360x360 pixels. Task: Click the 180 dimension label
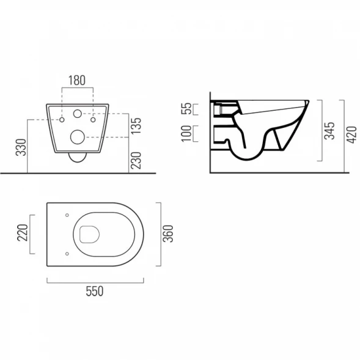point(77,80)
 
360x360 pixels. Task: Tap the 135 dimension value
point(136,126)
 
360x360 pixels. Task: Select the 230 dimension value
point(136,161)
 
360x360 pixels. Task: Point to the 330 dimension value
point(21,147)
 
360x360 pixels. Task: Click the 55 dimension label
point(186,109)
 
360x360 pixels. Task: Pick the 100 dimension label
point(186,134)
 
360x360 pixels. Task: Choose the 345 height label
point(329,131)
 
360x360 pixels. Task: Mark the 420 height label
point(351,134)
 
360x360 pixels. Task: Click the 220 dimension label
point(23,233)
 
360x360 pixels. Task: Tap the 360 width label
point(168,233)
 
